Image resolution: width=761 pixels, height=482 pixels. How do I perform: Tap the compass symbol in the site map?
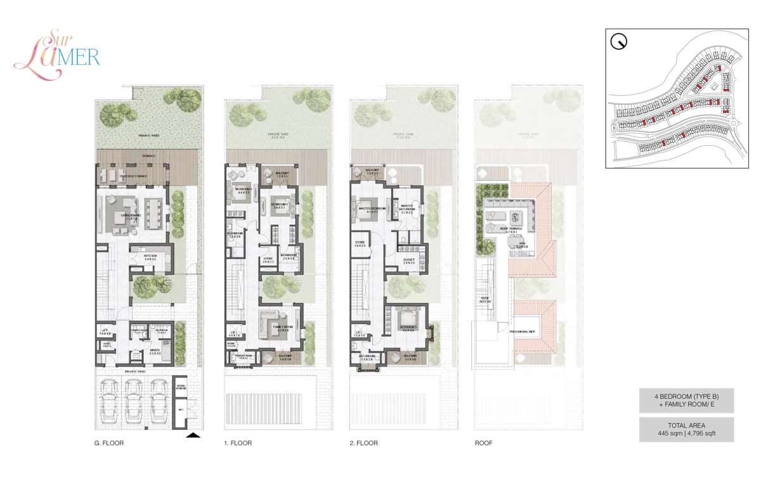pos(619,42)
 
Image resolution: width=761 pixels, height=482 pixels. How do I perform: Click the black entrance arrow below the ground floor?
pos(194,435)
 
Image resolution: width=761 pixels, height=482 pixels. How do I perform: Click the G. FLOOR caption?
pos(108,443)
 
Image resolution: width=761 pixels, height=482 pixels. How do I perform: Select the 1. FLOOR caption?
pos(238,443)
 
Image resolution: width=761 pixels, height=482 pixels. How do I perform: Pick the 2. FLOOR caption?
pos(364,443)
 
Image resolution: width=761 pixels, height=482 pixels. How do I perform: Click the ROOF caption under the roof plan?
pos(483,443)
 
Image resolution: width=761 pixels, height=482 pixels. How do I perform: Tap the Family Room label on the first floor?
pos(282,327)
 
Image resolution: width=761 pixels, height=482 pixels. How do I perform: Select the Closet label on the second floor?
pos(409,260)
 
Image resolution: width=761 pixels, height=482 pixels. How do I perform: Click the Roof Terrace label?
pos(512,230)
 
